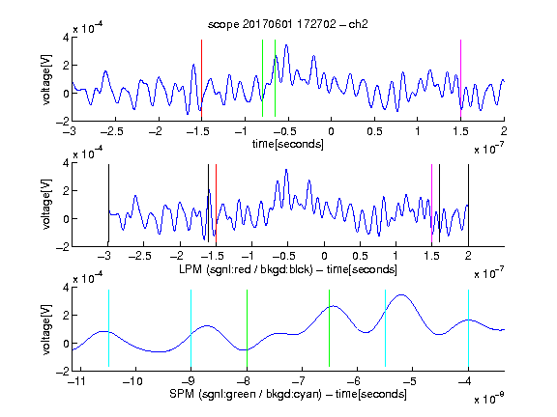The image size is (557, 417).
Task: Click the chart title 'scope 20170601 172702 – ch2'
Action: click(288, 24)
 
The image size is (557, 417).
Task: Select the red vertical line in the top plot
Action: click(201, 78)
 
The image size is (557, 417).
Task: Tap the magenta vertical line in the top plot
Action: click(460, 78)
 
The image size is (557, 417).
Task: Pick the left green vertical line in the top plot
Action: click(262, 78)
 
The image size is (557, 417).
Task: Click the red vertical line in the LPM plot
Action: click(216, 203)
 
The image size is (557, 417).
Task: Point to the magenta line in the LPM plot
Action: click(431, 203)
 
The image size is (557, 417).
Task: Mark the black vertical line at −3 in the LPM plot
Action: click(108, 203)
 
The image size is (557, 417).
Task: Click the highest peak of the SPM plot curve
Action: click(401, 294)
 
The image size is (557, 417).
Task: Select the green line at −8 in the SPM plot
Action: click(247, 328)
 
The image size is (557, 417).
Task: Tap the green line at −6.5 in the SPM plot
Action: click(330, 328)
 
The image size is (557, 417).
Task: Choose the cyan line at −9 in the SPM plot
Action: click(191, 328)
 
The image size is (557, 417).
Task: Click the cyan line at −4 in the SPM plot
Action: click(468, 328)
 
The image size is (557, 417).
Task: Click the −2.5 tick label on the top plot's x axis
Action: click(111, 131)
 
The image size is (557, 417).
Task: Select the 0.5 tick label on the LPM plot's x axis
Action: click(360, 256)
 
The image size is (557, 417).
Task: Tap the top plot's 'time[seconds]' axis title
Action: click(288, 144)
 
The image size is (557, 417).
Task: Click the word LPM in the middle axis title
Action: click(191, 269)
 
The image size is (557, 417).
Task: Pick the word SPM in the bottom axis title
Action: click(182, 394)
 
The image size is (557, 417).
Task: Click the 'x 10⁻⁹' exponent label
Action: click(488, 399)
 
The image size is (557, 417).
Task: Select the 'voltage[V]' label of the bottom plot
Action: click(46, 329)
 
